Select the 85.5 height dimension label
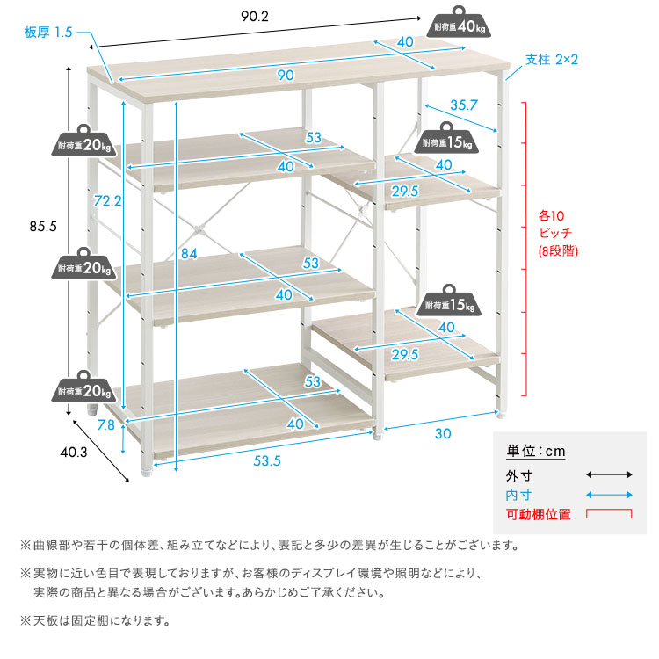(x=42, y=226)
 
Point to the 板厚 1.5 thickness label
(x=47, y=33)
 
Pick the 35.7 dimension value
(x=463, y=105)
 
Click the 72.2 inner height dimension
(x=107, y=201)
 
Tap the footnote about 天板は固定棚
(x=94, y=620)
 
